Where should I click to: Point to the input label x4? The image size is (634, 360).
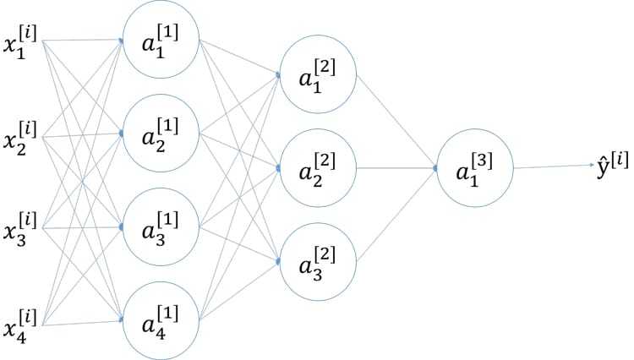[x=19, y=323]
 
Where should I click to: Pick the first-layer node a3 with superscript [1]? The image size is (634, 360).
[x=161, y=228]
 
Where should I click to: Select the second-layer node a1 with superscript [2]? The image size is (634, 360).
[x=318, y=76]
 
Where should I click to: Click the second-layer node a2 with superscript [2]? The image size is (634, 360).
[x=318, y=169]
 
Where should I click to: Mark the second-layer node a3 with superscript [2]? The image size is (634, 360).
[x=318, y=262]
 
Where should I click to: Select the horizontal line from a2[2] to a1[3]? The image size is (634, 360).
[x=396, y=169]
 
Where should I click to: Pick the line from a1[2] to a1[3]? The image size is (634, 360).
[x=396, y=122]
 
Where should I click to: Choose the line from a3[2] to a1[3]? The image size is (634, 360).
[x=396, y=215]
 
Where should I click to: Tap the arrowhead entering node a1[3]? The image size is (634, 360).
[x=435, y=169]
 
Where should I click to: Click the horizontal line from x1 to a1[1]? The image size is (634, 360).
[x=80, y=39]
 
